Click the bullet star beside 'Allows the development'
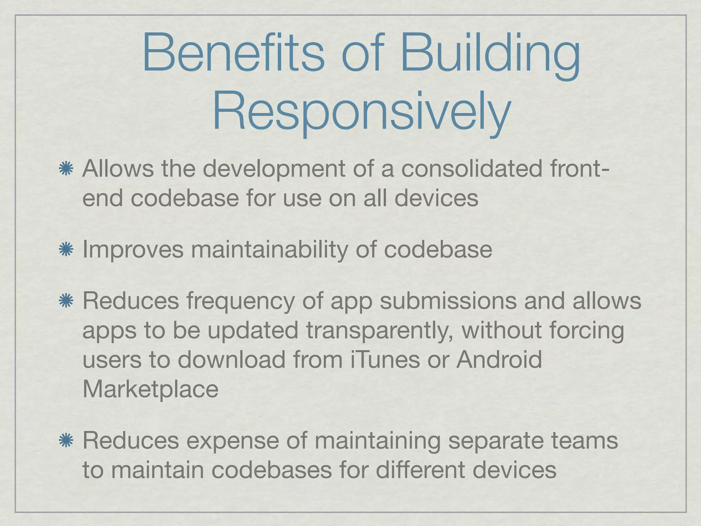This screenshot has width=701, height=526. point(66,169)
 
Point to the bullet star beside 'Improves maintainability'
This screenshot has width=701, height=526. point(66,249)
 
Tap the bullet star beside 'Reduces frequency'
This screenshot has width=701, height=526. point(66,301)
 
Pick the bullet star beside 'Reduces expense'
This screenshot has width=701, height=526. point(66,440)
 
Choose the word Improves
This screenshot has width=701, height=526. point(133,250)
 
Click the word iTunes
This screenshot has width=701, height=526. point(385,360)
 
